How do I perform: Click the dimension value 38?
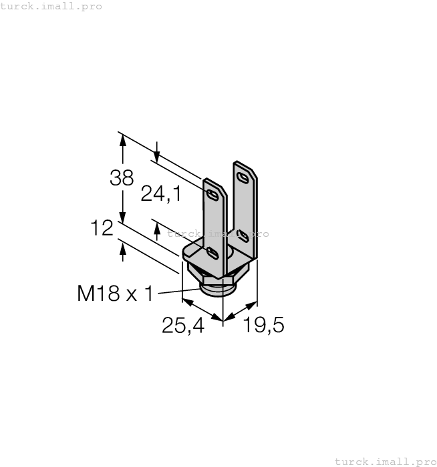pyautogui.click(x=122, y=177)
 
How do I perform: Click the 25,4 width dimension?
pyautogui.click(x=182, y=326)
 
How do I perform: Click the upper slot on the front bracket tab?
pyautogui.click(x=212, y=195)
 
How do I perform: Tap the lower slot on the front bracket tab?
pyautogui.click(x=212, y=253)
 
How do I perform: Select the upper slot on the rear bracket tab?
pyautogui.click(x=243, y=177)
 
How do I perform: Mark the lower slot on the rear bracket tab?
pyautogui.click(x=243, y=234)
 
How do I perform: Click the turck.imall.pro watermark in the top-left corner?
pyautogui.click(x=51, y=6)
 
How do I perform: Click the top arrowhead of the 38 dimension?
pyautogui.click(x=122, y=137)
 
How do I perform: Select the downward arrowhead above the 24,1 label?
pyautogui.click(x=156, y=157)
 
